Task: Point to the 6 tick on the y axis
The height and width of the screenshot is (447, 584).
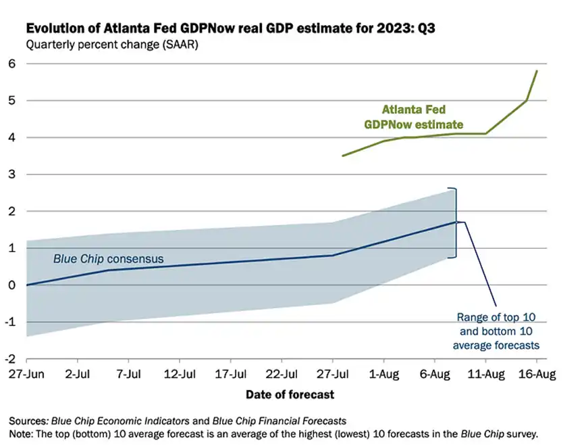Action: [x=11, y=64]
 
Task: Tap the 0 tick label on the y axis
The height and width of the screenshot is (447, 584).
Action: [x=11, y=285]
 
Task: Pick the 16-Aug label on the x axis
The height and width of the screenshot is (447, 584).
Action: [x=536, y=374]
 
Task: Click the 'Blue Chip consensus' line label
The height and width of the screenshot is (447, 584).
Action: [x=109, y=258]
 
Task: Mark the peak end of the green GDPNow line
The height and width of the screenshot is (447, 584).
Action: [x=537, y=70]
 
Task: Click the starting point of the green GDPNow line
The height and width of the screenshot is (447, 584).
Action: [x=343, y=156]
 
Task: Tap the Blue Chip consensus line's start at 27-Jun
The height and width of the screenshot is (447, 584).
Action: [x=27, y=285]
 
